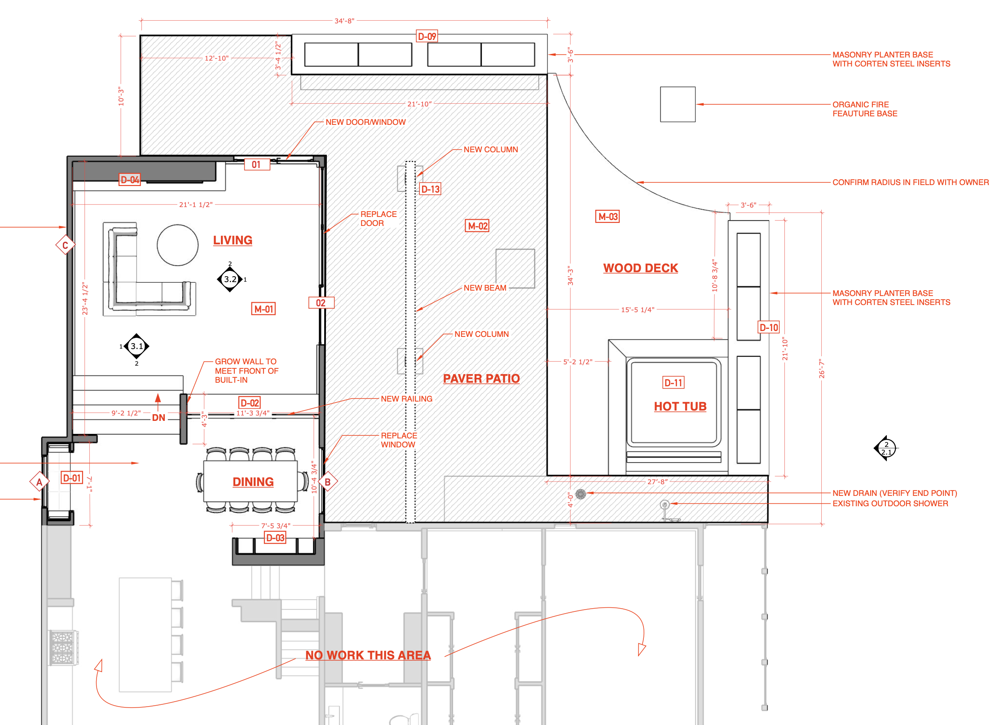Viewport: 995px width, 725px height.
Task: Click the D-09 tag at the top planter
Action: pos(427,36)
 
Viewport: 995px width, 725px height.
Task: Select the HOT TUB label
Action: pos(680,407)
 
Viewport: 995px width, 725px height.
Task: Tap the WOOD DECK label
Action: pos(640,268)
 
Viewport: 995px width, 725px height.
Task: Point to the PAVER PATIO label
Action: pos(481,379)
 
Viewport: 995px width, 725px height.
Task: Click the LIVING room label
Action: pos(233,240)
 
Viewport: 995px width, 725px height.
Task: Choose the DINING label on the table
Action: pos(253,482)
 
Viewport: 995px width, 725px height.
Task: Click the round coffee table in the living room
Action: pos(178,245)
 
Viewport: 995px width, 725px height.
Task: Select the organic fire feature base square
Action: pos(678,104)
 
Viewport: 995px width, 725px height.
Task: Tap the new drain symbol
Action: pos(581,494)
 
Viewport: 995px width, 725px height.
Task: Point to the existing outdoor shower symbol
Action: pos(665,505)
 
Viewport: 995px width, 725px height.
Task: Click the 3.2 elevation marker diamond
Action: pos(230,279)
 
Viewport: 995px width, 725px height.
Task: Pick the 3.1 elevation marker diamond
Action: pos(136,346)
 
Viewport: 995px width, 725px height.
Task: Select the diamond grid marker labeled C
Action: pos(65,245)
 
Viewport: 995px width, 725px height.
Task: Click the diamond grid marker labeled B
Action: pos(328,482)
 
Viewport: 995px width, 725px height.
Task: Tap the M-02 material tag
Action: pos(477,226)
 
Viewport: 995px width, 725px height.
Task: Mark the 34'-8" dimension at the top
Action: pos(344,21)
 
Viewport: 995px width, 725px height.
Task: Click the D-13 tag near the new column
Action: pos(430,189)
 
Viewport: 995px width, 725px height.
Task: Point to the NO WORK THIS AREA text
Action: pos(368,655)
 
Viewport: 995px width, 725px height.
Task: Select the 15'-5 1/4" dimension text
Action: pos(638,309)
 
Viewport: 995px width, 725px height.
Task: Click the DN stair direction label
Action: pos(158,418)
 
